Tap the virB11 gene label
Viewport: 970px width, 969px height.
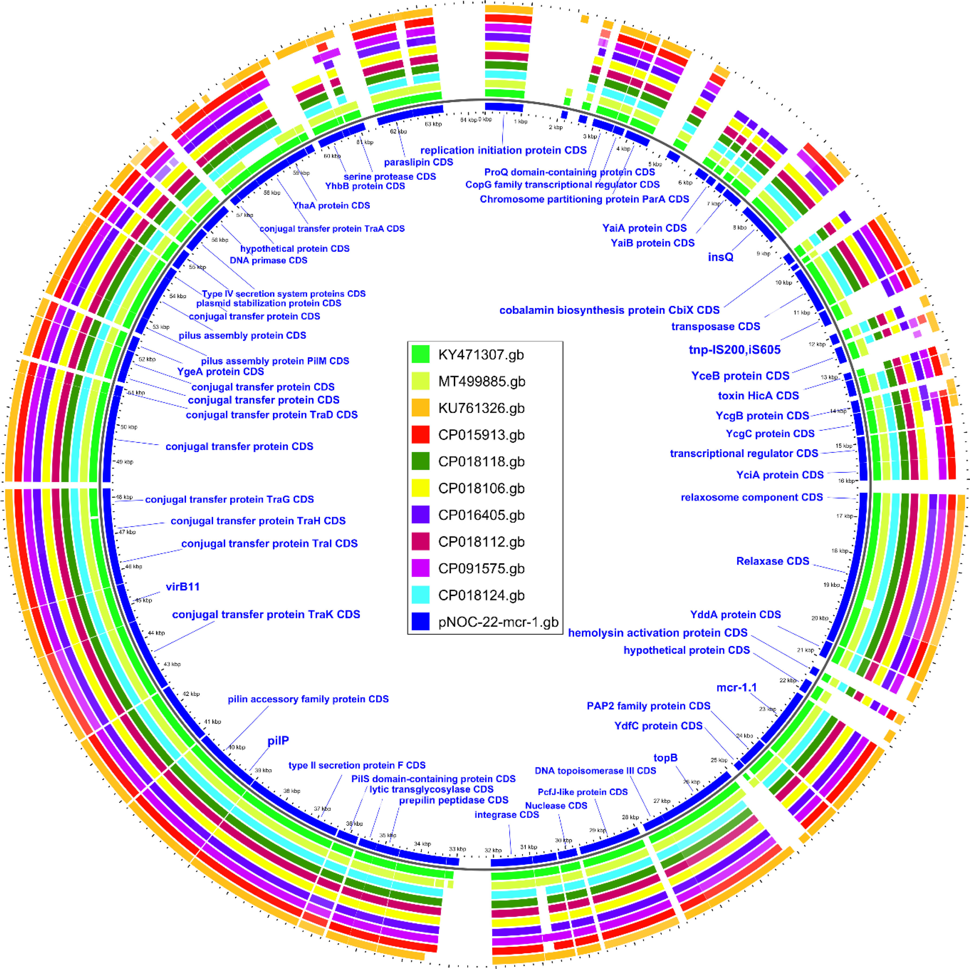coord(183,587)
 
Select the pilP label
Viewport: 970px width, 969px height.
coord(278,741)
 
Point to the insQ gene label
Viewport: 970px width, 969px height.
coord(720,257)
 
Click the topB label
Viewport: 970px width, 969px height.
coord(665,758)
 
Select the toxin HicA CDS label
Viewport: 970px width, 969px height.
coord(758,396)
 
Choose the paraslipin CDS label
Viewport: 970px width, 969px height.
coord(418,162)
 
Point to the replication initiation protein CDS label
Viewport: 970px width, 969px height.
coord(503,150)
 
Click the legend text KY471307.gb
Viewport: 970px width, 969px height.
coord(481,355)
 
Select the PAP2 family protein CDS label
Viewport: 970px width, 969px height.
coord(648,706)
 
